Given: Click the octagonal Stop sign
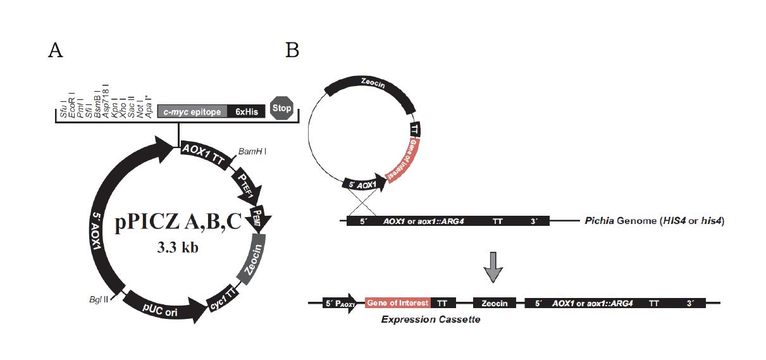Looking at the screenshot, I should pos(281,108).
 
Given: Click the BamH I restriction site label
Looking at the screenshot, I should pos(252,152).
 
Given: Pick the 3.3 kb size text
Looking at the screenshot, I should pos(178,248).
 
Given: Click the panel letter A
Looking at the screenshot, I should pos(56,51).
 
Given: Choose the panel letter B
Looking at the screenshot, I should pos(292,50).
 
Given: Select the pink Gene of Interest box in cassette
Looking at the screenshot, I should pos(397,303).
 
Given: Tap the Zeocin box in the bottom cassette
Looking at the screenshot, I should pos(494,304).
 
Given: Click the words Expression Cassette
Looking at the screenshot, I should pos(430,320).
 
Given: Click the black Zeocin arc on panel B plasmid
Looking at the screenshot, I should pos(370,86).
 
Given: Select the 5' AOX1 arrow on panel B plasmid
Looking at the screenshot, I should pos(361,185).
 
